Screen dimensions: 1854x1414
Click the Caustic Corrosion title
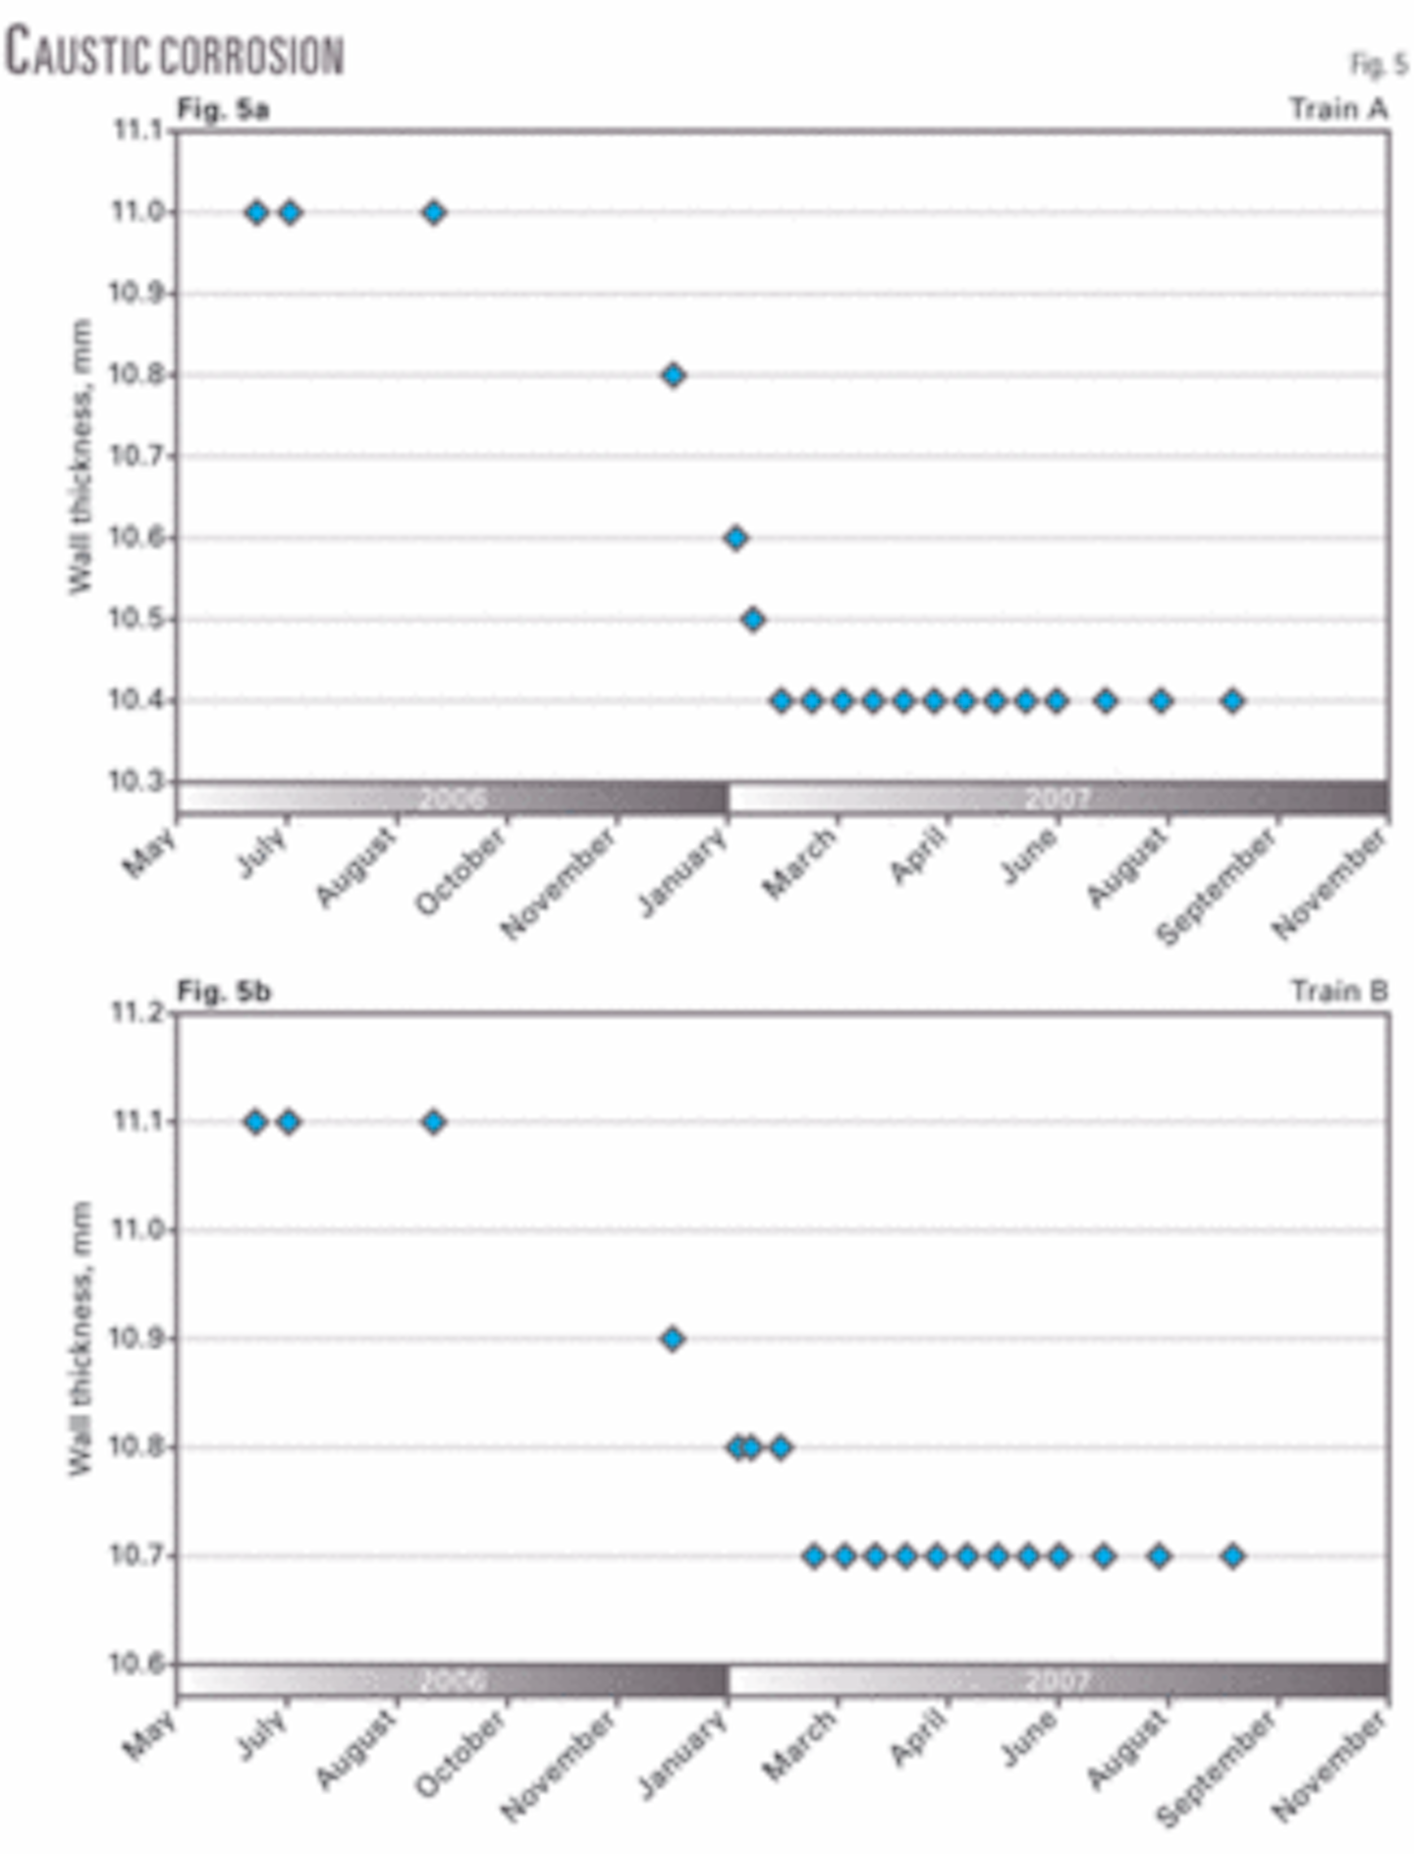coord(175,53)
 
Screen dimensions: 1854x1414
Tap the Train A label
coord(1338,109)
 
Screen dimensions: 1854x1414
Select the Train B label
coord(1338,992)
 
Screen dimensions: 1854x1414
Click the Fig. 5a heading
coord(223,109)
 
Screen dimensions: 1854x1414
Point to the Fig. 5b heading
coord(223,992)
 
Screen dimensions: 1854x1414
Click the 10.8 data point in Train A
coord(673,375)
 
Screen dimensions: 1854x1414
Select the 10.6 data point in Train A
coord(735,538)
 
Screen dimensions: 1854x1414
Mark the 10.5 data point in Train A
coord(753,620)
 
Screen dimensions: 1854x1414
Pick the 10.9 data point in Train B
coord(673,1338)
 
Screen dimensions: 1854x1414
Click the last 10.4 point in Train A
coord(1233,701)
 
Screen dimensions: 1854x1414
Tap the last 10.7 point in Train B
coord(1233,1555)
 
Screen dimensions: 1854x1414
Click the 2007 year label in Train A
coord(1058,798)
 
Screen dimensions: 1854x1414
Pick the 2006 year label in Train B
coord(452,1681)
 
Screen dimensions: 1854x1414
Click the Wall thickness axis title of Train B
coord(81,1337)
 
